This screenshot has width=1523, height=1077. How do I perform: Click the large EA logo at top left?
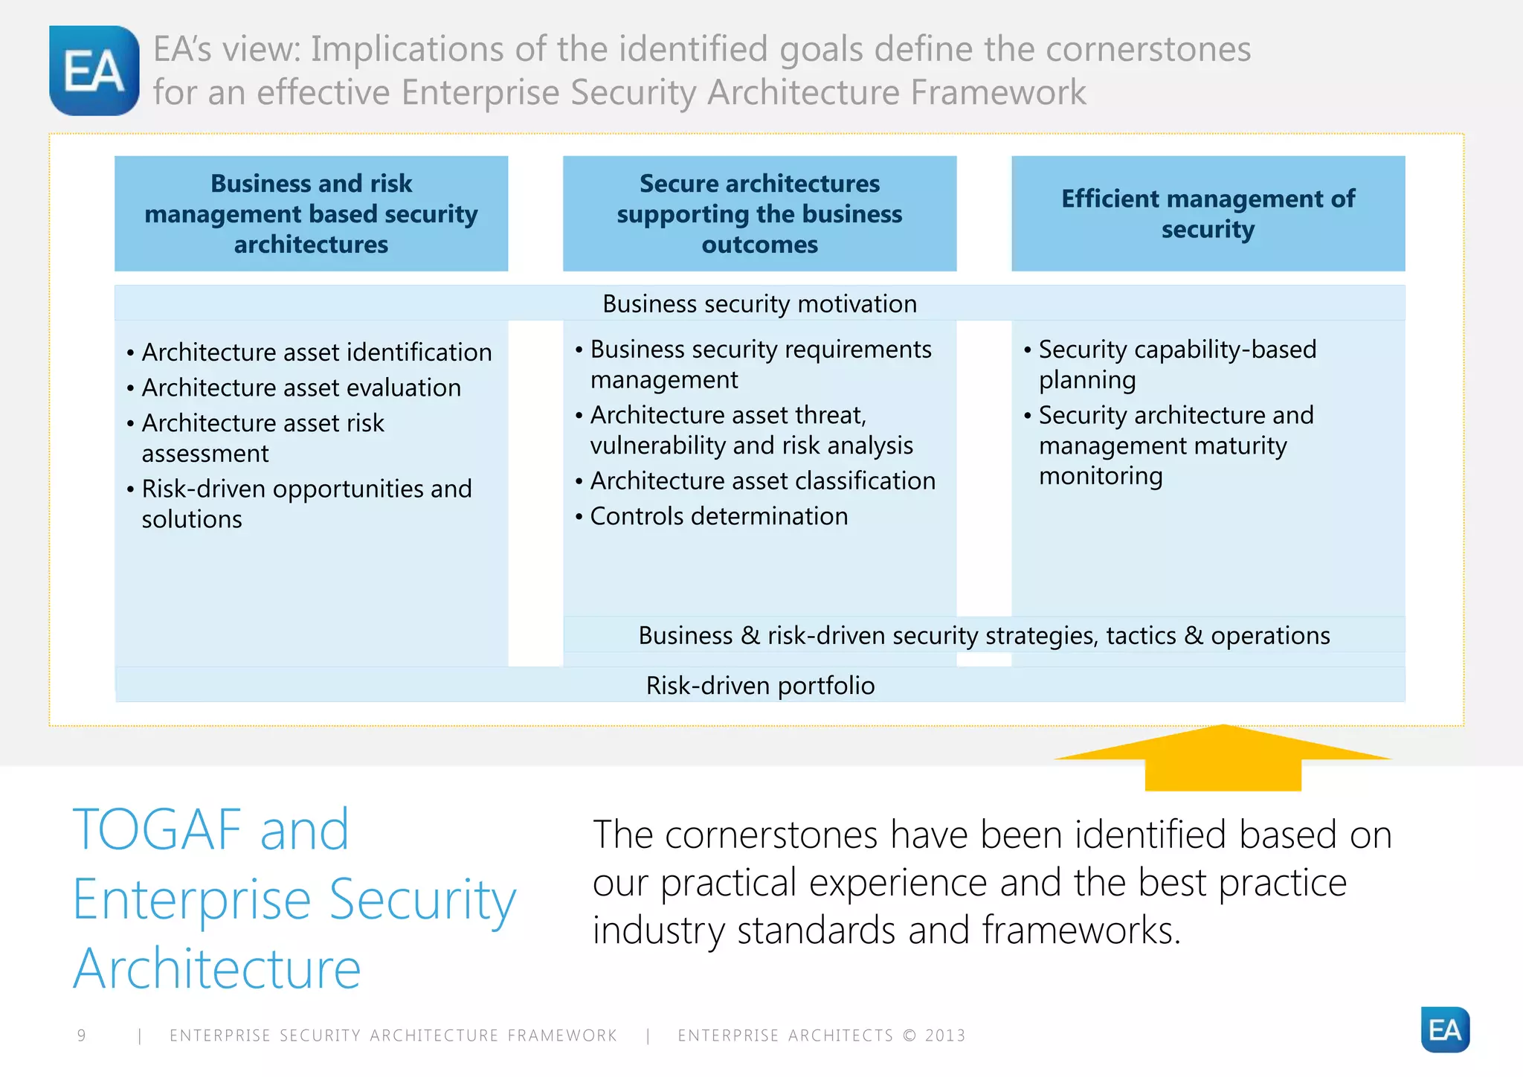(x=94, y=71)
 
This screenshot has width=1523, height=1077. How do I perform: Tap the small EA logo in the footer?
(x=1444, y=1029)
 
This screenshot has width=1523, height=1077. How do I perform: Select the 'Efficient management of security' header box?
(x=1208, y=213)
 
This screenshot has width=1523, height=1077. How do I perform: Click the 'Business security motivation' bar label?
(x=759, y=303)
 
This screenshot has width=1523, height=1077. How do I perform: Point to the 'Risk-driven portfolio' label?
(x=760, y=685)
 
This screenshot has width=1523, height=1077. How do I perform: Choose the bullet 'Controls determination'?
(x=718, y=516)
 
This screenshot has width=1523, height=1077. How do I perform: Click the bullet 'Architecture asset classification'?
(x=762, y=480)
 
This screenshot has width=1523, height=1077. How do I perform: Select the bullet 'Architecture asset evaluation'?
(x=301, y=388)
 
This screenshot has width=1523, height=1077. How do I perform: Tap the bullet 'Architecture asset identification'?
(x=317, y=352)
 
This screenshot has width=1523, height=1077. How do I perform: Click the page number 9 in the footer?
(x=82, y=1035)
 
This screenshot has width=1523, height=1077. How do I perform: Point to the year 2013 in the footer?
(x=945, y=1035)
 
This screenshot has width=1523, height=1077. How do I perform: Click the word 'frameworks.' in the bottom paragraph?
(x=1081, y=930)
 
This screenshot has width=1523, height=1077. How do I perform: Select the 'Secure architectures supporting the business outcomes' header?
(x=759, y=213)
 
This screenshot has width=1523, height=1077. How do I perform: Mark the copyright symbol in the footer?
(x=909, y=1035)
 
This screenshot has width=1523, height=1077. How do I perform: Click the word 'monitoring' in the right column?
(x=1101, y=476)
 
